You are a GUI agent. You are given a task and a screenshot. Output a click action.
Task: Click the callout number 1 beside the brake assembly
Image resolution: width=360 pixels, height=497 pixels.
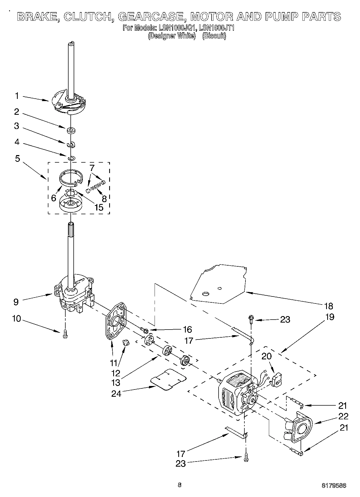(17, 96)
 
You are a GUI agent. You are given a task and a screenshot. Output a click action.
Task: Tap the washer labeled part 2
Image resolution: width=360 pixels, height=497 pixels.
(71, 131)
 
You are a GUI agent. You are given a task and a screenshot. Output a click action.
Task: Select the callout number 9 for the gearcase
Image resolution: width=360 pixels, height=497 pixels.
(16, 302)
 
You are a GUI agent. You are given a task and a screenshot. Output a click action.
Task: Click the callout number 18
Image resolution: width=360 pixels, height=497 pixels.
(329, 306)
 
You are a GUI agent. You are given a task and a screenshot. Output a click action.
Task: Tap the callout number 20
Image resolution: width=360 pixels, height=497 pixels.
(266, 356)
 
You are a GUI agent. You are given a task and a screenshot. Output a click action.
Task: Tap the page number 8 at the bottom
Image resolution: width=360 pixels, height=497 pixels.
(180, 485)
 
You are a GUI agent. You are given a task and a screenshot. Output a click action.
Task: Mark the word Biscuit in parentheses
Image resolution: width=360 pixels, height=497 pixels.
(214, 36)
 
